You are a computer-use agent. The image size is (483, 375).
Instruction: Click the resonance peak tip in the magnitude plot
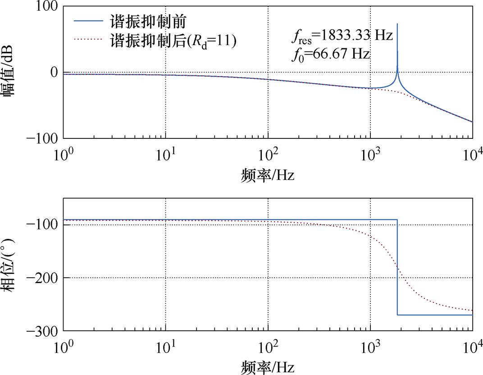pos(397,24)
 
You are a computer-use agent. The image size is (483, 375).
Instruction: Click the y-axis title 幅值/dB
pos(11,73)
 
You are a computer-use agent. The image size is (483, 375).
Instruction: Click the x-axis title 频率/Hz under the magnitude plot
pos(268,174)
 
